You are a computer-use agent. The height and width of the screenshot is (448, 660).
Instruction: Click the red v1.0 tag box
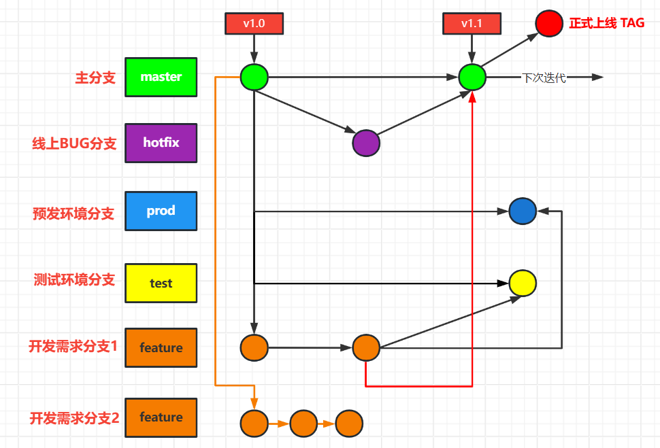pos(254,23)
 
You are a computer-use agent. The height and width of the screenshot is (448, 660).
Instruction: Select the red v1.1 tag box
pos(472,23)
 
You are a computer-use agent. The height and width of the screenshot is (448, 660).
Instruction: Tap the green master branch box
pos(161,77)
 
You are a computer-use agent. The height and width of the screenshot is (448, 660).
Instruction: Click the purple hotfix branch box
pos(161,143)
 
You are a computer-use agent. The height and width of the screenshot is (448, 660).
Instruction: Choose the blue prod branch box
pos(161,211)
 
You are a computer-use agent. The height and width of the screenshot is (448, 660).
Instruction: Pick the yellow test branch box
pos(161,283)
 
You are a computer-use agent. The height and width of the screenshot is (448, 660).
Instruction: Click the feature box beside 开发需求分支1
pos(161,347)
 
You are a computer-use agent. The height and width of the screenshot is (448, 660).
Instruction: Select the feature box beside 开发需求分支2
pos(161,417)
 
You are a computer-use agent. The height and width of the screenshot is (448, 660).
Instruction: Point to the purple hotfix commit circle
pos(366,143)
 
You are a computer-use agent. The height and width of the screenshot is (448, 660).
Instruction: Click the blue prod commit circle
pos(523,211)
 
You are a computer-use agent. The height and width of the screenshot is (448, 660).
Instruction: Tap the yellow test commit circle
pos(523,283)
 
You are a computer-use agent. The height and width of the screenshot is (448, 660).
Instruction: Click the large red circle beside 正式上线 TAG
pos(548,23)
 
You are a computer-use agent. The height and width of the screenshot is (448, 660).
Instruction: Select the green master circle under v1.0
pos(254,77)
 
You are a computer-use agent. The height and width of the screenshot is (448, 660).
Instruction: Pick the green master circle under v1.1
pos(472,77)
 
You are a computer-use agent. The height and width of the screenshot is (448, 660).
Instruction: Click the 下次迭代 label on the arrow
pos(544,77)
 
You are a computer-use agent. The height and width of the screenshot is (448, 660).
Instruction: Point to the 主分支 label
pos(95,77)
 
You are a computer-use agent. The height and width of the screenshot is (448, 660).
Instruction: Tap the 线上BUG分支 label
pos(74,143)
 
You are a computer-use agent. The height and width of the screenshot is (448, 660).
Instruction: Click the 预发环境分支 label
pos(73,213)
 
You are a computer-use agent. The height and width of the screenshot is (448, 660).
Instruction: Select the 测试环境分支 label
pos(74,279)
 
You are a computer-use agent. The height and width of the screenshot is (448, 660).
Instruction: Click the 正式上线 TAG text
pos(606,23)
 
